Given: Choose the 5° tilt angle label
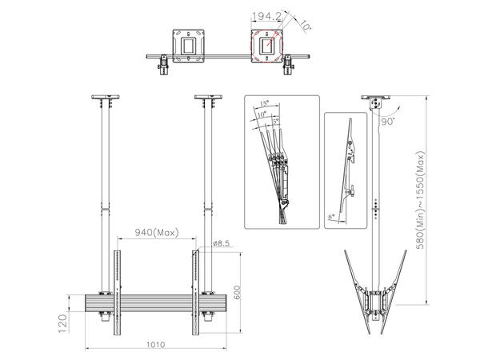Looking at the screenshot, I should click(x=278, y=122).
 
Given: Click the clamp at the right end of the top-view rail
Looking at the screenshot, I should click(x=286, y=63).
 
